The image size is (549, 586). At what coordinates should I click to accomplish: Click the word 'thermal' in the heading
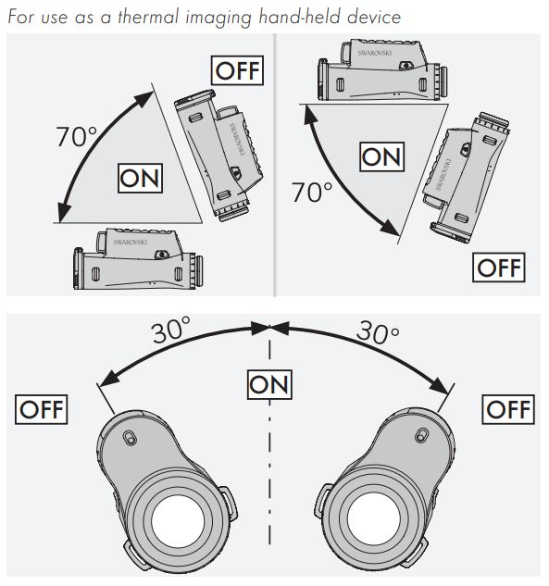(148, 18)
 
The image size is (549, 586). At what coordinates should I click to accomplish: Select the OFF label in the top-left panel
(237, 70)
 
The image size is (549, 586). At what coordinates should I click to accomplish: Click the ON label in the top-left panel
(140, 179)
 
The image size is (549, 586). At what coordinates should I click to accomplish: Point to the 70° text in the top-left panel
(77, 136)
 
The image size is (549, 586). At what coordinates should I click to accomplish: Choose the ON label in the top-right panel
(382, 156)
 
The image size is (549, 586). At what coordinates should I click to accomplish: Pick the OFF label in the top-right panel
(499, 268)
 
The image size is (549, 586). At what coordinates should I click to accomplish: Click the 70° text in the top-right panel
(312, 193)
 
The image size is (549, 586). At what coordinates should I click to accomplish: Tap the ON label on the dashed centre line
(269, 384)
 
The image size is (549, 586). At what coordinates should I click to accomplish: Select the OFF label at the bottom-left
(41, 409)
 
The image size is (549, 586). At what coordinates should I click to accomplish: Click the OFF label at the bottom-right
(508, 409)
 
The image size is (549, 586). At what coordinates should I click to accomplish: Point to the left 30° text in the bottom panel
(171, 330)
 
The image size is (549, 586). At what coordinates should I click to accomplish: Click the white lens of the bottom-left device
(178, 521)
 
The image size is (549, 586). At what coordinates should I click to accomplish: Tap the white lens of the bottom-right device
(374, 518)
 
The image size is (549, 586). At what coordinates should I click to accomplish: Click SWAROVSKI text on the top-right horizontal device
(375, 53)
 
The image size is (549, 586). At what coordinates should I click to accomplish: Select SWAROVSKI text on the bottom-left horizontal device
(131, 242)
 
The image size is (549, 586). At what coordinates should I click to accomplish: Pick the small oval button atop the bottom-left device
(130, 438)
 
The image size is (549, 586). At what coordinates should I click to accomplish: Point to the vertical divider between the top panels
(275, 165)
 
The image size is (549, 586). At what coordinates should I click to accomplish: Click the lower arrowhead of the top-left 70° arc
(64, 212)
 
